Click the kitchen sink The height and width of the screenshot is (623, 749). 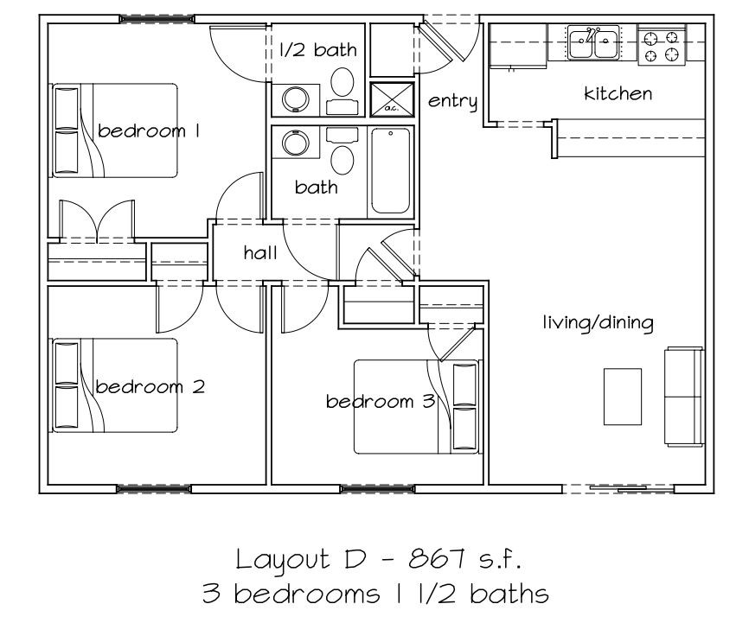(593, 42)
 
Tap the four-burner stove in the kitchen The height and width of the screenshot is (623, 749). (662, 45)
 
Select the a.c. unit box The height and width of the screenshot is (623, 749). (392, 99)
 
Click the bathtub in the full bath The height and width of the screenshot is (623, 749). (390, 170)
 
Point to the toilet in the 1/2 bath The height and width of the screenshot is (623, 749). (342, 91)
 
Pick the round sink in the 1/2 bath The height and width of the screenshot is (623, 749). (296, 99)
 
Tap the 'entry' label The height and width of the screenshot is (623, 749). (452, 101)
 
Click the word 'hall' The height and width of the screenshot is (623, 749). (259, 252)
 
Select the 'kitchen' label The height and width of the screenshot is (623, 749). (618, 93)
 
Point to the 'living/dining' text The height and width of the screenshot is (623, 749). (598, 322)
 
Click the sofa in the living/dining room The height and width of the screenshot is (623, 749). (684, 397)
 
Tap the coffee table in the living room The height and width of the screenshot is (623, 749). (623, 397)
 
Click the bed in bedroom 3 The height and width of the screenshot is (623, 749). (416, 407)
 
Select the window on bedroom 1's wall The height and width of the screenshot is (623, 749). (157, 19)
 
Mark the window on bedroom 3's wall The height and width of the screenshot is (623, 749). (377, 489)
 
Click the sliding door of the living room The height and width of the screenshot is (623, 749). (618, 489)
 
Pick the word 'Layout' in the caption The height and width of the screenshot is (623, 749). (283, 560)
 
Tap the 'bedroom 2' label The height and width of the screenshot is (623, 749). (150, 386)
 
